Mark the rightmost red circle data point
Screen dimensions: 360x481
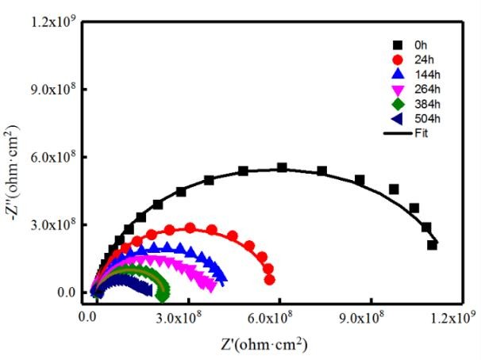(x=270, y=280)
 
